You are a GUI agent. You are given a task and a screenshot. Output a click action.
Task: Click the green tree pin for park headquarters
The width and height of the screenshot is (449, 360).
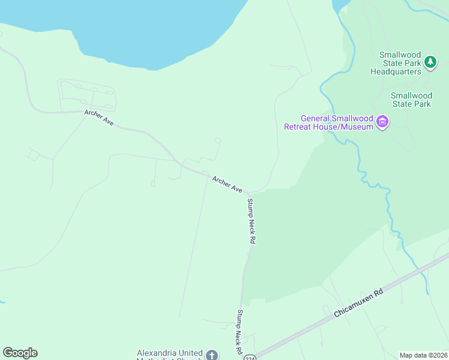pos(430,61)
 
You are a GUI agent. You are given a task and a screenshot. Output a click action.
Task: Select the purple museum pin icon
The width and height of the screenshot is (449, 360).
pos(382,123)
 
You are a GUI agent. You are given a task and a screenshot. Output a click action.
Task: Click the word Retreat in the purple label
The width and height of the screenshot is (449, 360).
pos(300,127)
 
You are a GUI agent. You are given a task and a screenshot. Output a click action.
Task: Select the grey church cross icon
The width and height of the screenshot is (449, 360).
pos(211,355)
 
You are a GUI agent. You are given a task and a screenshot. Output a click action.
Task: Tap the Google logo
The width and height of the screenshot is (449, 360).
pos(20,353)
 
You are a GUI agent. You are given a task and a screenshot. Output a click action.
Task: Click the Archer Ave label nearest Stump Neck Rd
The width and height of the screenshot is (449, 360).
pos(227,184)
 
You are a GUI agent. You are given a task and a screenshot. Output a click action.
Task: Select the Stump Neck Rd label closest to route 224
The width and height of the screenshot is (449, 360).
pos(239,331)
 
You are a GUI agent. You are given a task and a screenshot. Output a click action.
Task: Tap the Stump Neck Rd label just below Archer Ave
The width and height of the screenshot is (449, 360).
pos(252,220)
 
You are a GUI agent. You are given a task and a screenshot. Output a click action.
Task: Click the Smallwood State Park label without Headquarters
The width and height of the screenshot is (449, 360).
pos(411,100)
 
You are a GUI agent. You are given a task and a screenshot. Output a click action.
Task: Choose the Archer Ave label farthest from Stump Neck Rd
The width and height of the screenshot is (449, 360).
pos(99,118)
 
